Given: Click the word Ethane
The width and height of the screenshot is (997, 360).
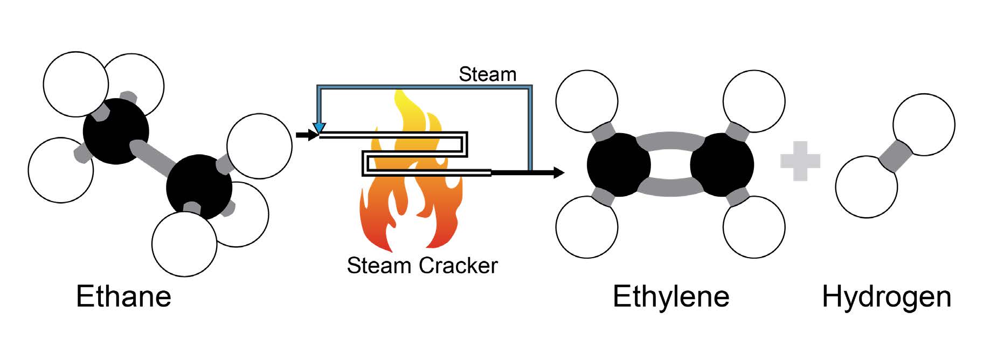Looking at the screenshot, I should click(123, 296).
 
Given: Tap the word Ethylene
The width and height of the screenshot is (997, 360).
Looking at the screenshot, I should click(670, 296).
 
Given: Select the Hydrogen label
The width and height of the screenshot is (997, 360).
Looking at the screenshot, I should click(887, 296).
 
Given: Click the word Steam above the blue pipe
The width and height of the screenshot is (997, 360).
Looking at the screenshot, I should click(487, 74).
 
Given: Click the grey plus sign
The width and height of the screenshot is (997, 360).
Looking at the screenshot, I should click(800, 161).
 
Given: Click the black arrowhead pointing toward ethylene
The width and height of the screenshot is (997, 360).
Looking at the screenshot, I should click(558, 173).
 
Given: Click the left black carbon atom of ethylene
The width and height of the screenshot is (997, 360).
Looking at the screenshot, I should click(619, 164).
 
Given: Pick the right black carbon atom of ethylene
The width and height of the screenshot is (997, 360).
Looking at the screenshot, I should click(722, 164).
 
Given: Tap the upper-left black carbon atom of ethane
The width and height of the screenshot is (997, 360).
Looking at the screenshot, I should click(115, 131).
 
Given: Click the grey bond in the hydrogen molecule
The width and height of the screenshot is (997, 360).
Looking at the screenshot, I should click(895, 156).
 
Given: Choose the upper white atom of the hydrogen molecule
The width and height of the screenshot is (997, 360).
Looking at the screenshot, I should click(924, 124).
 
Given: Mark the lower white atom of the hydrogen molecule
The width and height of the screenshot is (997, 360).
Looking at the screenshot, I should click(866, 187).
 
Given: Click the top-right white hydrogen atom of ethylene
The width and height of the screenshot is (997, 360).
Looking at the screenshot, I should click(753, 101).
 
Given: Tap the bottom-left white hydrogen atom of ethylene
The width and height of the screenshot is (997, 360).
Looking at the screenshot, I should click(587, 227).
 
